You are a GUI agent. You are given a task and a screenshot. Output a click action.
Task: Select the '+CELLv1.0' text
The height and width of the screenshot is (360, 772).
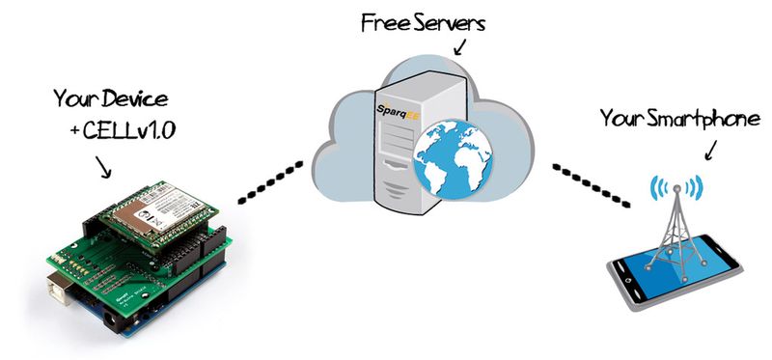pos(122,131)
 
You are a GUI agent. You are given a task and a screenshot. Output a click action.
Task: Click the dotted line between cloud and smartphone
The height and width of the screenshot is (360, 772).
pos(590,184)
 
